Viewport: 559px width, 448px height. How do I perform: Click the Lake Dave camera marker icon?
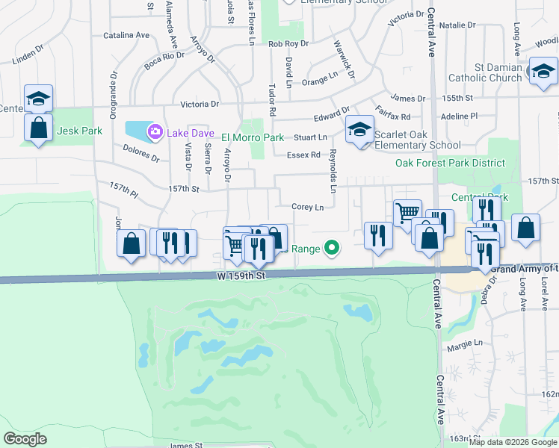click(155, 132)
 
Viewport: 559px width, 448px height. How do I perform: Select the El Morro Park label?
click(253, 137)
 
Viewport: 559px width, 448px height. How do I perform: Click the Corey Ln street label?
click(307, 207)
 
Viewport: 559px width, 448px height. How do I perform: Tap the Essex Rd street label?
click(303, 155)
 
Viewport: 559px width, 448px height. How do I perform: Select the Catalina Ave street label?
click(126, 35)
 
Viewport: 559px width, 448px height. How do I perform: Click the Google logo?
click(25, 439)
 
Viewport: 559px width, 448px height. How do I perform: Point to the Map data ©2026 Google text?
click(513, 442)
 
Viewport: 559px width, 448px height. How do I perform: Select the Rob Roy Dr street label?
click(288, 44)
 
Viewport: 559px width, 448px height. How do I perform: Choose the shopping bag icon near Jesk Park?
click(38, 127)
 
